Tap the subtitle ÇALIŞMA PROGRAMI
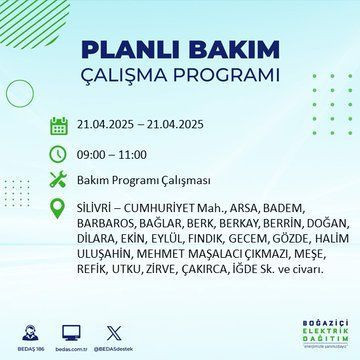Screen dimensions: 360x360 tap(179, 78)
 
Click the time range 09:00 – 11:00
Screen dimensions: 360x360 tap(113, 155)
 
